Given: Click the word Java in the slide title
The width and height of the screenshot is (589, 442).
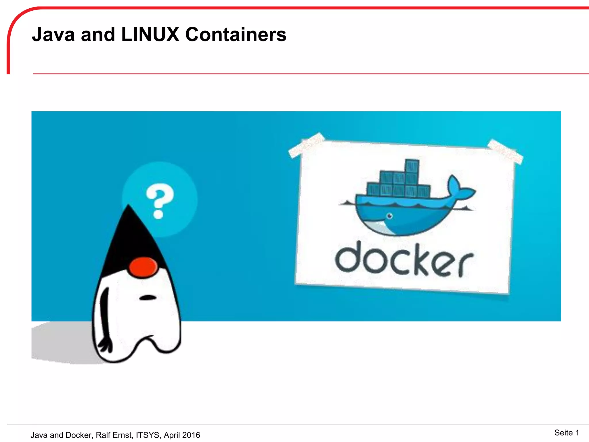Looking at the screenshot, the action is point(53,35).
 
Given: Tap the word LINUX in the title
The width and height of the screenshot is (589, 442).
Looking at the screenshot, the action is point(150,35).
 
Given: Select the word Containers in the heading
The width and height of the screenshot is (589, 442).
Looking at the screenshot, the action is point(236,35).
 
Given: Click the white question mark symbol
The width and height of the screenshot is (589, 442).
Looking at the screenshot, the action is point(160,201).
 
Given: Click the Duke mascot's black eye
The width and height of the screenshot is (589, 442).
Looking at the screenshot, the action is point(148,298).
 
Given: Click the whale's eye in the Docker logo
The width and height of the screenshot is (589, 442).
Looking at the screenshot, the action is point(390,216).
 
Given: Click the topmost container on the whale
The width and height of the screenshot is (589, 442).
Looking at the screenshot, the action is point(412,166).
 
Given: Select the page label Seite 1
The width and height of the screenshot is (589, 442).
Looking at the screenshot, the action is point(566,433).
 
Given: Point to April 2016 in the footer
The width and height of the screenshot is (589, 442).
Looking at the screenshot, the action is point(182,435).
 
